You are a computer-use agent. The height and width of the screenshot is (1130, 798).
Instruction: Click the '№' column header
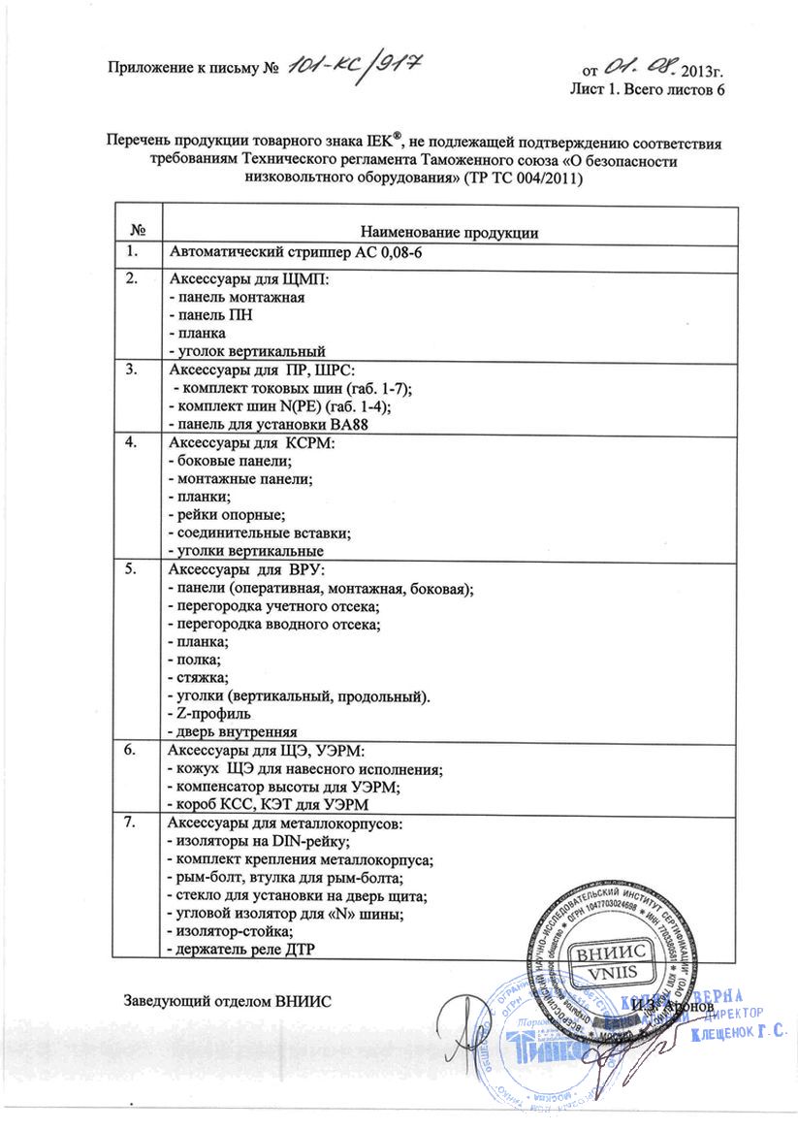pyautogui.click(x=138, y=231)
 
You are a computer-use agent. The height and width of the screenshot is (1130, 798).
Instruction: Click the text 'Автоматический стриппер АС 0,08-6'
pyautogui.click(x=295, y=252)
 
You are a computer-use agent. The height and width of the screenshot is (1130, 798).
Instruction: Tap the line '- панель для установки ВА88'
pyautogui.click(x=268, y=424)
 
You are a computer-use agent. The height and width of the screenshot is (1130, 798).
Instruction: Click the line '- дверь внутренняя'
pyautogui.click(x=232, y=731)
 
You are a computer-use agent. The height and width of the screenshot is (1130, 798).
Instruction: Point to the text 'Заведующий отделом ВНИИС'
pyautogui.click(x=227, y=1000)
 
